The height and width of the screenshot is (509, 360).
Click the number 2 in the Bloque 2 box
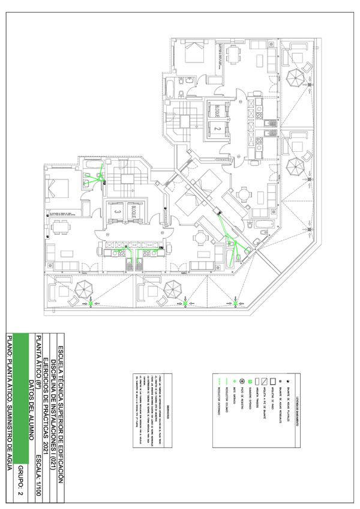coord(218,128)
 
